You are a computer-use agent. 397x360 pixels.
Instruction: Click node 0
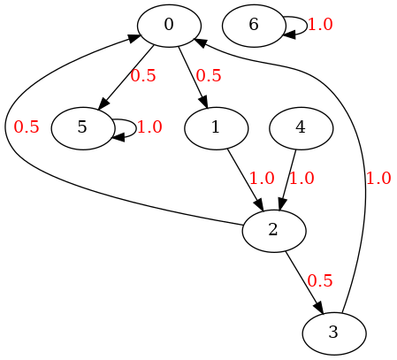pos(169,26)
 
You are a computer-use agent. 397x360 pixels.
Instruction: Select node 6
pos(254,26)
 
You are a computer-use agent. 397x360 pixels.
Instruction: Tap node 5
pos(82,128)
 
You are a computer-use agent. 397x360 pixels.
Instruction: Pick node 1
pos(216,128)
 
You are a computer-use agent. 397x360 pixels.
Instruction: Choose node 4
pos(301,128)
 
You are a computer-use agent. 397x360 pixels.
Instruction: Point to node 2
pos(274,231)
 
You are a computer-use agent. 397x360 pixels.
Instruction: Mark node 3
pos(334,333)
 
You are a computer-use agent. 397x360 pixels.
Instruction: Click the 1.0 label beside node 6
pos(320,25)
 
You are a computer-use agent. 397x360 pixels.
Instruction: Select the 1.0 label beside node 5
pos(149,127)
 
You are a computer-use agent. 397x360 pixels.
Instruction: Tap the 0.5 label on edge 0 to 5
pos(143,76)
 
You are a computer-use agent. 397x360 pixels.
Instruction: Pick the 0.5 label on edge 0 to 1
pos(209,76)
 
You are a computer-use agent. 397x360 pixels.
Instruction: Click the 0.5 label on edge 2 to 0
pos(27,127)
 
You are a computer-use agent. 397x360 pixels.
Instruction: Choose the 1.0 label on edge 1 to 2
pos(262,179)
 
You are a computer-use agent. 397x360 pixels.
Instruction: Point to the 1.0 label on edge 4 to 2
pos(302,179)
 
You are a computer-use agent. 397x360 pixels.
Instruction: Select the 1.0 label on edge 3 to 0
pos(378,179)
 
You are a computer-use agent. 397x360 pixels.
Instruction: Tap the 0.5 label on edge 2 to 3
pos(320,280)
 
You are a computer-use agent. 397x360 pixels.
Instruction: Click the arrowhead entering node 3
pos(319,308)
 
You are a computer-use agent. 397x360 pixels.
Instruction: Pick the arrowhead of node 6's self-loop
pos(289,35)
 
